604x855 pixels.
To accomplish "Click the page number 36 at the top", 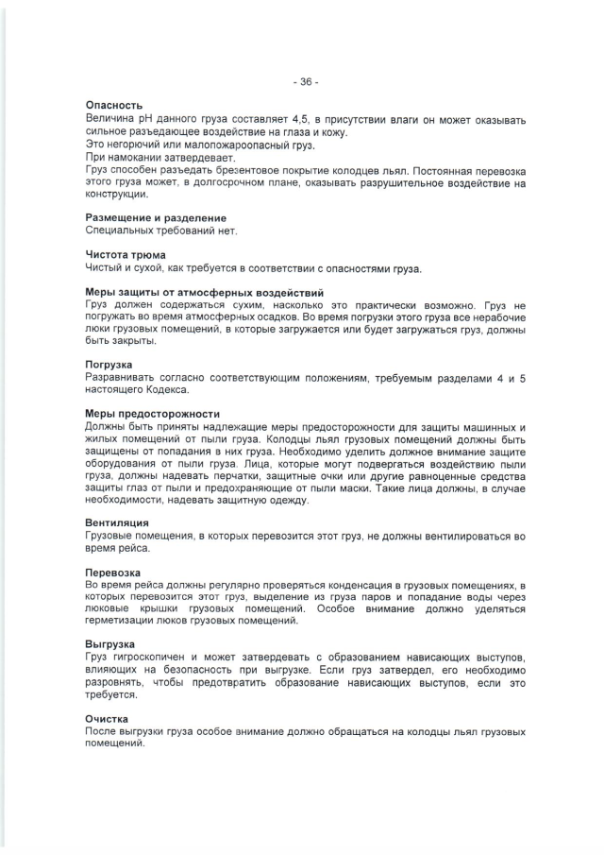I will (306, 82).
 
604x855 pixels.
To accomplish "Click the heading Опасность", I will (113, 105).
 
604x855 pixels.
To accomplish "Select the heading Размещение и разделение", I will (156, 218).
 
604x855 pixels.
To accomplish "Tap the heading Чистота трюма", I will (126, 254).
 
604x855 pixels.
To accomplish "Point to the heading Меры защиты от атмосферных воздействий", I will (205, 292).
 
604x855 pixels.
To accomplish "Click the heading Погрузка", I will (109, 364).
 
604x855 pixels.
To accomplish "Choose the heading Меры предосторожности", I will (152, 414).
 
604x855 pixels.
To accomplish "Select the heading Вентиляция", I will (117, 522).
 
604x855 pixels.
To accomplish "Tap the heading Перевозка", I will (113, 573).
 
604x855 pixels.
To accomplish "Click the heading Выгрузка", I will (109, 644).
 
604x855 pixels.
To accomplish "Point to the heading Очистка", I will (108, 718).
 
